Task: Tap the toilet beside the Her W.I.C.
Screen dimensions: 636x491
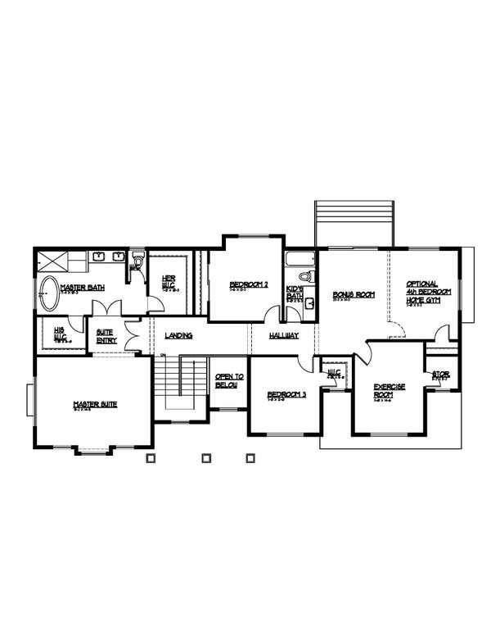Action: [x=136, y=261]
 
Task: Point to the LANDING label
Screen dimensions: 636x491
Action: [x=178, y=336]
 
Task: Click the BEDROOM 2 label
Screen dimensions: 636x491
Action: [x=248, y=284]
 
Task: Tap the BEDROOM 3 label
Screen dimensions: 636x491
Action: [x=286, y=395]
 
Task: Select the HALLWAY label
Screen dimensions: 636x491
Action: [x=283, y=336]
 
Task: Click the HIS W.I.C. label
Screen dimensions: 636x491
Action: [x=59, y=333]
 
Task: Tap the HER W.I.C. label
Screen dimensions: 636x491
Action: [x=170, y=280]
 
